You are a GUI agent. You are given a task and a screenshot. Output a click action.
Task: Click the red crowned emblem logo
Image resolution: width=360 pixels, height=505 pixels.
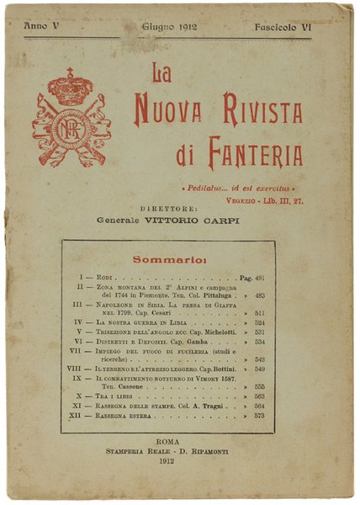tap(71, 120)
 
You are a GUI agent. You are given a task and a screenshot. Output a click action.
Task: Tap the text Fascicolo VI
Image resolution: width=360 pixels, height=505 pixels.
tap(283, 28)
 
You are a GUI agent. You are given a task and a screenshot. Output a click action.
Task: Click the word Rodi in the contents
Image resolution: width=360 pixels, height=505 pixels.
tap(103, 276)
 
